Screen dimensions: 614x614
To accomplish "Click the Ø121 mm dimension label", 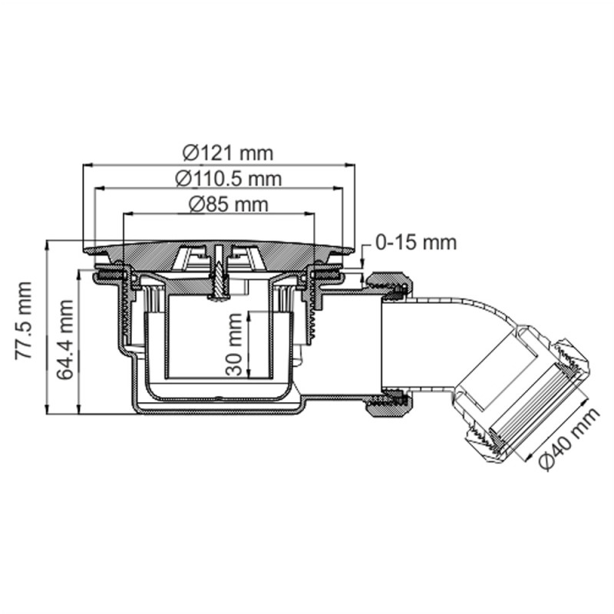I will click(229, 152).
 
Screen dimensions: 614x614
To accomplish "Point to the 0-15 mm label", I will click(416, 243).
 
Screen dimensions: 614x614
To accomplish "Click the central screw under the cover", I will click(220, 276).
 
